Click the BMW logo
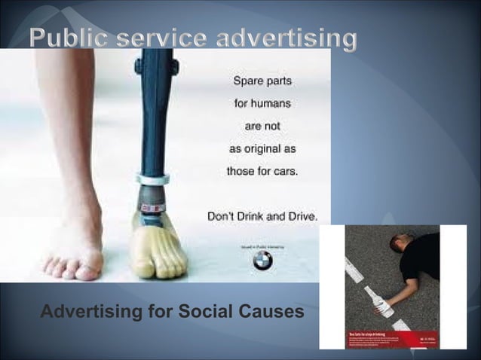pos(262,261)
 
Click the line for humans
pos(262,102)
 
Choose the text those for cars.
pos(262,171)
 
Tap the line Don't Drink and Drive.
pos(262,216)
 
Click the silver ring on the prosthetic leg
pos(153,180)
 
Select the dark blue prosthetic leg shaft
pos(155,113)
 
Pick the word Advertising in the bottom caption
pos(89,310)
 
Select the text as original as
pos(262,148)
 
